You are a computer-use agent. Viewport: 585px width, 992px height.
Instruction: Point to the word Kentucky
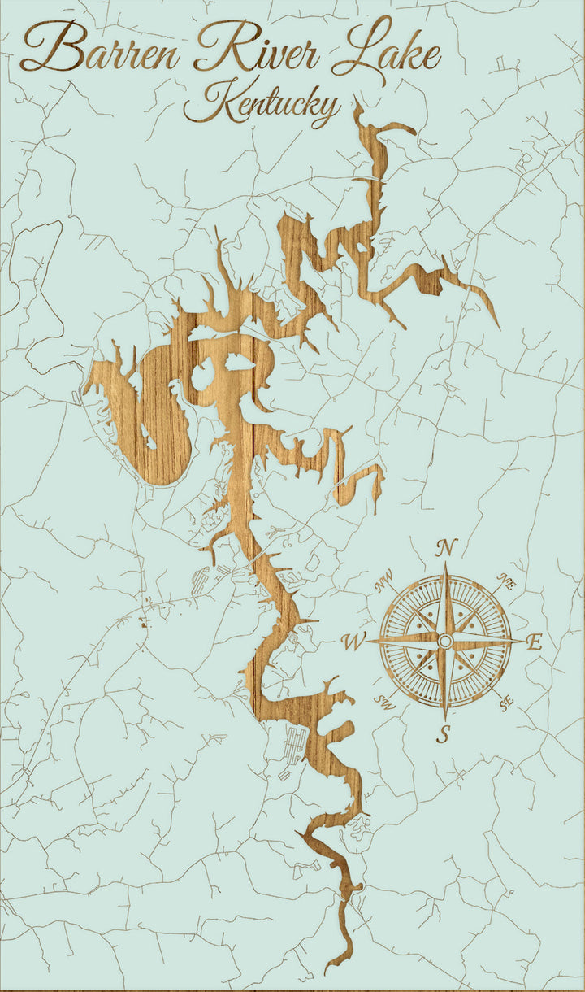coord(262,106)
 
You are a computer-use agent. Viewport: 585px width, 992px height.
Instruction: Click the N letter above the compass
coord(445,548)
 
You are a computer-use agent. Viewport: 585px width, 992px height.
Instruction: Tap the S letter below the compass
coord(444,734)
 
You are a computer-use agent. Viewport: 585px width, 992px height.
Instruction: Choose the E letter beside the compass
coord(534,642)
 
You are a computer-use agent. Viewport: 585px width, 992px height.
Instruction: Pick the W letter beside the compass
coord(353,642)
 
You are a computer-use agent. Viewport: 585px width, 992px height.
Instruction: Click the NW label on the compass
coord(383,582)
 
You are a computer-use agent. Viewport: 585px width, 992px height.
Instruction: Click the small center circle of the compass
coord(444,642)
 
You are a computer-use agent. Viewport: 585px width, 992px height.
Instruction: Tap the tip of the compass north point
coord(445,564)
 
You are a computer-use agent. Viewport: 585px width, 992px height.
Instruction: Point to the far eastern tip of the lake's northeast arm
coord(498,328)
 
